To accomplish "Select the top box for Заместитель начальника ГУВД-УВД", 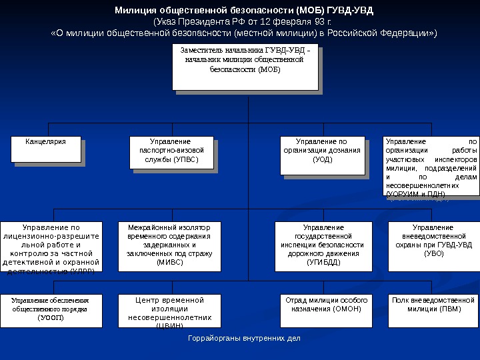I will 245,66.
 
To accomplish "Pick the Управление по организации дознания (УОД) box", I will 322,155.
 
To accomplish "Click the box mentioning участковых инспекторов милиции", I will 432,167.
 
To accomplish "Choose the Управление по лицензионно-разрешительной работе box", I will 51,247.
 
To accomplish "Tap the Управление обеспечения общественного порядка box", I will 50,310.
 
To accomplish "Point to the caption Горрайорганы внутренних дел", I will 244,338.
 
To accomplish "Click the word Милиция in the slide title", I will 137,11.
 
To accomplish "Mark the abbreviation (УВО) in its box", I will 433,253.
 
